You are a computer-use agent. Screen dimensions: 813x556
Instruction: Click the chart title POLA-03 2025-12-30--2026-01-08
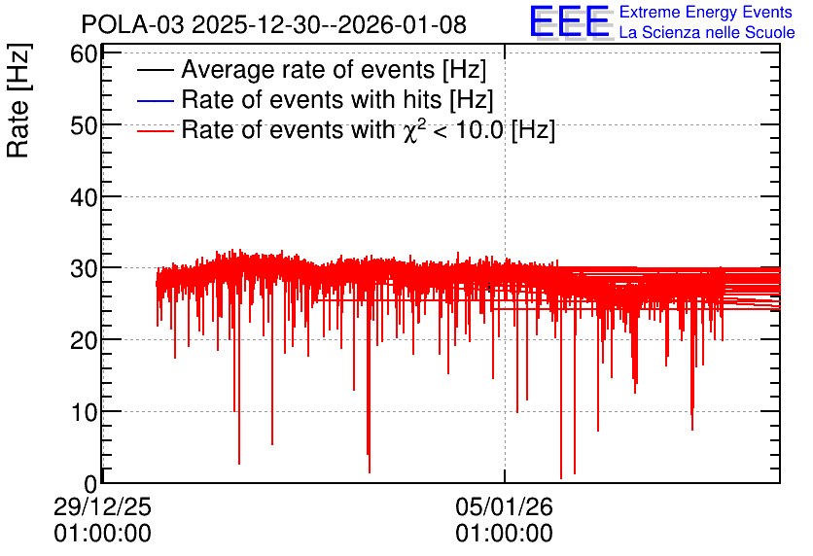(x=274, y=25)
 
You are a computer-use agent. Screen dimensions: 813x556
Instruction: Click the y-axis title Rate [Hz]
(x=18, y=100)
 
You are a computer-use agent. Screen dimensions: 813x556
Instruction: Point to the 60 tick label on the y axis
(x=84, y=53)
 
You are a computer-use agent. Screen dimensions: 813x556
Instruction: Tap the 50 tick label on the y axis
(x=84, y=125)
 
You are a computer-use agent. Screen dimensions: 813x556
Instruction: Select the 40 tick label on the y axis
(x=84, y=197)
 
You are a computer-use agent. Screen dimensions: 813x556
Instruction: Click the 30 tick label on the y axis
(x=84, y=269)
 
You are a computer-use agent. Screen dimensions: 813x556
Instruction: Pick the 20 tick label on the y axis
(x=84, y=341)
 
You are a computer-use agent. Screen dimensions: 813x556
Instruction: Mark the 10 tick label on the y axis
(x=84, y=413)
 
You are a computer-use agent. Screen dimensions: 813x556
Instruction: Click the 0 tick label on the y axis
(x=90, y=484)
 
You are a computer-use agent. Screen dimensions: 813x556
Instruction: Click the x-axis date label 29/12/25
(x=102, y=506)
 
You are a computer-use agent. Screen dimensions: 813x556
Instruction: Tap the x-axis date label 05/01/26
(x=504, y=506)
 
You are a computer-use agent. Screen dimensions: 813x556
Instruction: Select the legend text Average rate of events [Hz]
(x=334, y=70)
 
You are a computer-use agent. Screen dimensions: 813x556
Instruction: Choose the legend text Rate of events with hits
(x=310, y=99)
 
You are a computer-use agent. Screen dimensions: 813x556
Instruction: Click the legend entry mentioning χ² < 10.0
(x=369, y=129)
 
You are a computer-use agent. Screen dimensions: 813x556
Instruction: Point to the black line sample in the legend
(x=155, y=70)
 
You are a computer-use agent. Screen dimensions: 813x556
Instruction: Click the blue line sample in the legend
(x=155, y=100)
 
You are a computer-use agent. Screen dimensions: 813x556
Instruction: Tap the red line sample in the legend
(x=155, y=130)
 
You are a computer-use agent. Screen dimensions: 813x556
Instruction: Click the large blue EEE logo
(x=570, y=21)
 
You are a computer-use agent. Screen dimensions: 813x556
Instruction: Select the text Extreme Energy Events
(x=706, y=12)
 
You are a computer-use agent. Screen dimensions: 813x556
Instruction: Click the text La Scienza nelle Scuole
(x=707, y=32)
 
